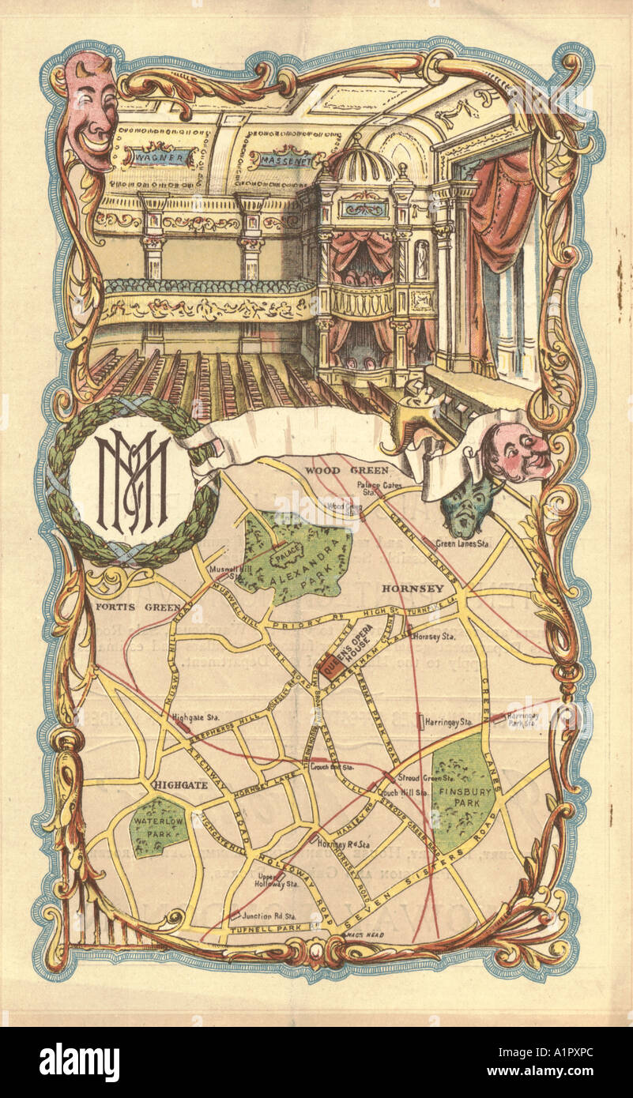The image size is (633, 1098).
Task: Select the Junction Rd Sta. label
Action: click(269, 916)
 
